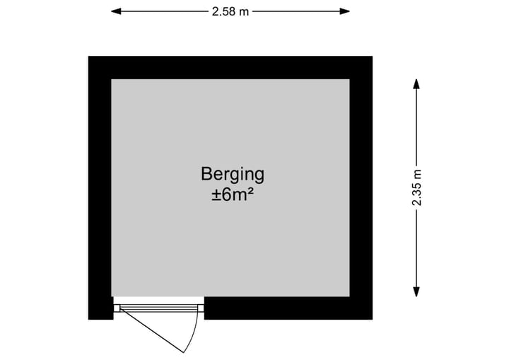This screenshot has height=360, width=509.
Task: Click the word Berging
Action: coord(233,175)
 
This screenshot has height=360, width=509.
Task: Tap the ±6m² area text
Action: coord(233,195)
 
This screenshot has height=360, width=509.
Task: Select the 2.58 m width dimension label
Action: coord(230,12)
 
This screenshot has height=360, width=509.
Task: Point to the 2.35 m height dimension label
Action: coord(416,188)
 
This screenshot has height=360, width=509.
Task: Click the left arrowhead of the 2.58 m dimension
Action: coord(116,12)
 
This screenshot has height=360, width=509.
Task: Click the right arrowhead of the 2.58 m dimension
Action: coord(345,12)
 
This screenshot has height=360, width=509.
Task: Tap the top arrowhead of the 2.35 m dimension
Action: coord(416,84)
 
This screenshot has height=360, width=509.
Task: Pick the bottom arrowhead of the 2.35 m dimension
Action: coord(416,292)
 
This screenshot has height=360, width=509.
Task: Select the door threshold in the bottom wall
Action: coord(159,308)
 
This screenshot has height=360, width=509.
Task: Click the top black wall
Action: coord(230,68)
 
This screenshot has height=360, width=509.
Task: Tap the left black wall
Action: coord(100,188)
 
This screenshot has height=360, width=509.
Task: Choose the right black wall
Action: coord(361,188)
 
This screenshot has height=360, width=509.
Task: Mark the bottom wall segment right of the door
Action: coord(288,308)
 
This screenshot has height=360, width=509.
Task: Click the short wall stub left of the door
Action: coord(100,308)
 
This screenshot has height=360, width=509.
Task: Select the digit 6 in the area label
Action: coord(226,195)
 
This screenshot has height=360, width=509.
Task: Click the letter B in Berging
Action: coord(206,174)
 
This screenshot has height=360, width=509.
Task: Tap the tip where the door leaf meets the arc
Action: coord(183,352)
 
